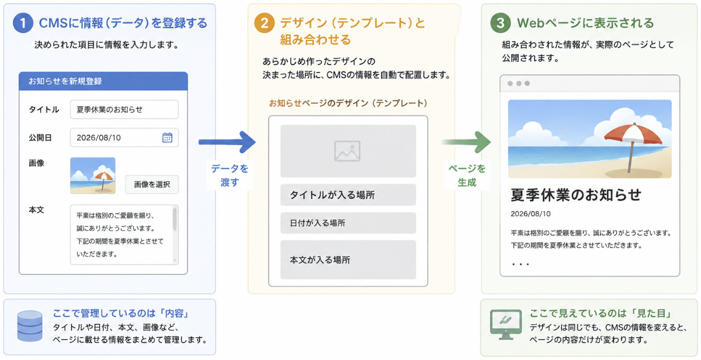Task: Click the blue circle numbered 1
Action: tap(23, 23)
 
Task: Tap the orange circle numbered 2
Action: tap(264, 23)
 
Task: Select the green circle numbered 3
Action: tap(500, 23)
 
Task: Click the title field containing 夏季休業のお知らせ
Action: tap(124, 110)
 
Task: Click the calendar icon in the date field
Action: tap(167, 137)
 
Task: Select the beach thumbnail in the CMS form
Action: tap(93, 175)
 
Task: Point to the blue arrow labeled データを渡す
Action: tap(227, 142)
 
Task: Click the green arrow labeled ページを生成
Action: tap(466, 142)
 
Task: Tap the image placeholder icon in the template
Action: tap(348, 151)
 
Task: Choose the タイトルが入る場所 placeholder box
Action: tap(348, 195)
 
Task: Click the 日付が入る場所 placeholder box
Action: tap(348, 223)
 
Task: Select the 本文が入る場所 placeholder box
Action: tap(348, 259)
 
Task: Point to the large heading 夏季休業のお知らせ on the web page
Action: tap(576, 194)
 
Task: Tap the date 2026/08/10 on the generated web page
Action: tap(531, 214)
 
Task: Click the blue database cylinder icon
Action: tap(30, 326)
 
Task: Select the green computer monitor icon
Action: tap(505, 325)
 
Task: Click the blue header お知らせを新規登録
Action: tap(103, 81)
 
